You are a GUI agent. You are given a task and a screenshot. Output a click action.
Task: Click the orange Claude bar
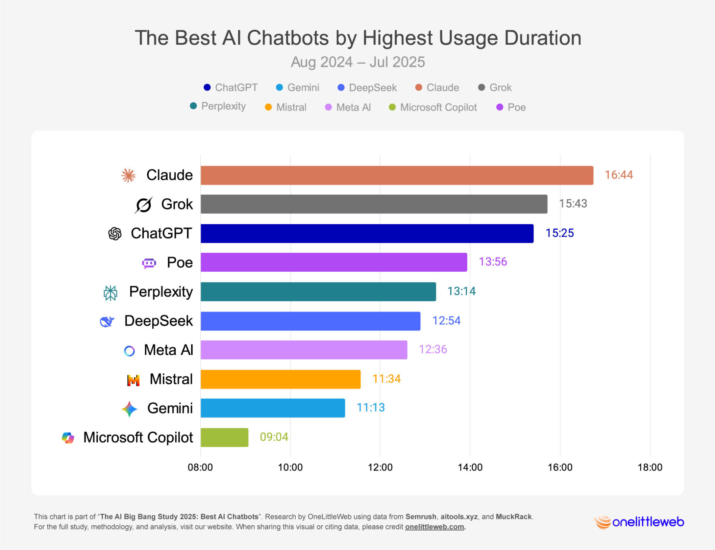(397, 175)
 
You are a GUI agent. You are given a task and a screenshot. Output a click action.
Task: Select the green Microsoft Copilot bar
(224, 437)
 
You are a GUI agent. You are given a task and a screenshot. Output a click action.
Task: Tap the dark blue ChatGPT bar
(367, 233)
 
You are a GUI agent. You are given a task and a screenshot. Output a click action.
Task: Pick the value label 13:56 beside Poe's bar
(493, 262)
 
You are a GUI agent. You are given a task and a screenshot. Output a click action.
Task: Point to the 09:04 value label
(274, 437)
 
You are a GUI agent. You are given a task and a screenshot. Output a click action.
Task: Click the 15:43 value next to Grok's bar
(573, 204)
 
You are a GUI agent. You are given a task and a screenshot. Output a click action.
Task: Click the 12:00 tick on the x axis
(380, 467)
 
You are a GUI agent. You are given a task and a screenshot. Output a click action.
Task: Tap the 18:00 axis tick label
(650, 467)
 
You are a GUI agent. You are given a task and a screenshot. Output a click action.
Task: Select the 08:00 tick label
(200, 467)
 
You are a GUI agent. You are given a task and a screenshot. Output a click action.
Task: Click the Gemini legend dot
(279, 87)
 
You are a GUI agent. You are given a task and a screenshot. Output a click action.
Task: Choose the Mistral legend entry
(286, 107)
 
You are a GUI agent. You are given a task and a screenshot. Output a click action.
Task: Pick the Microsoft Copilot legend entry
(433, 107)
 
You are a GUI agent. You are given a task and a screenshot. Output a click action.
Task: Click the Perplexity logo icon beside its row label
(110, 293)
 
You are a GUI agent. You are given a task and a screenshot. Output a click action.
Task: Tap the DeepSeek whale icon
(107, 322)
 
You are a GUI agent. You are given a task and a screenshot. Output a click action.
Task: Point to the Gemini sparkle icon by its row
(129, 409)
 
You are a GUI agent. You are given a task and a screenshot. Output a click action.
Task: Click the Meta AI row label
(168, 350)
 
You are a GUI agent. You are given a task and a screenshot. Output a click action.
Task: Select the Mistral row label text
(171, 379)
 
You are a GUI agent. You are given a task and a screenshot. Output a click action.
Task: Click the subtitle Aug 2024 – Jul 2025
(357, 62)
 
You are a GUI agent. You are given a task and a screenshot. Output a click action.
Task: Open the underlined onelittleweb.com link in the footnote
(434, 527)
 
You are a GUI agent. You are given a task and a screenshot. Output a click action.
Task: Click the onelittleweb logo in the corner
(639, 522)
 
